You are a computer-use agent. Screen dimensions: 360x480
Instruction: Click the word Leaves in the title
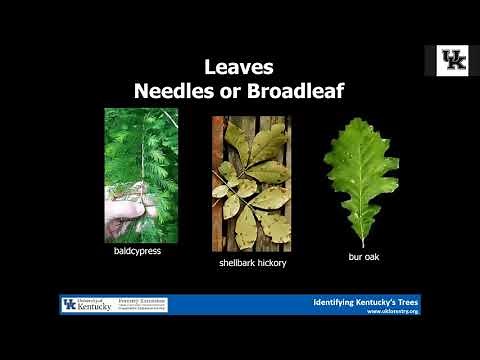[x=239, y=68]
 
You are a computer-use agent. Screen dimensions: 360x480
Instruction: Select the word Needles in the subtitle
[x=173, y=91]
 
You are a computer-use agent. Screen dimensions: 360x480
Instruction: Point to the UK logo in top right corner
[x=453, y=61]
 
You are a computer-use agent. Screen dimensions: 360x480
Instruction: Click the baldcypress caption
[x=137, y=251]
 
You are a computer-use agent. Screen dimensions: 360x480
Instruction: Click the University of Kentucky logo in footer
[x=83, y=304]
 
